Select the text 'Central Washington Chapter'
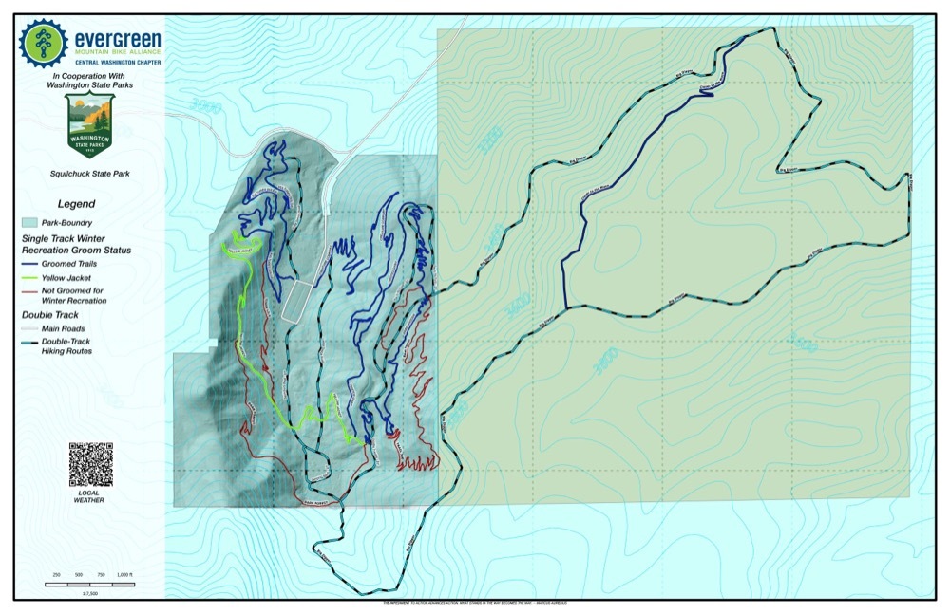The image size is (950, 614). point(118,61)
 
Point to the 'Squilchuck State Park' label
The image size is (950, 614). point(90,174)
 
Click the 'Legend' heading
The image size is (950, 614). point(76,203)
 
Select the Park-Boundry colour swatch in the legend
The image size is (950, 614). point(36,221)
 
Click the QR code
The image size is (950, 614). point(90,464)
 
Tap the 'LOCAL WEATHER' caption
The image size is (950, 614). point(90,496)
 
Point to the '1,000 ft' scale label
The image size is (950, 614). point(126,576)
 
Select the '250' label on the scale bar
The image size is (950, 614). point(57,576)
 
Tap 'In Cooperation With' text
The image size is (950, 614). point(93,75)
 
